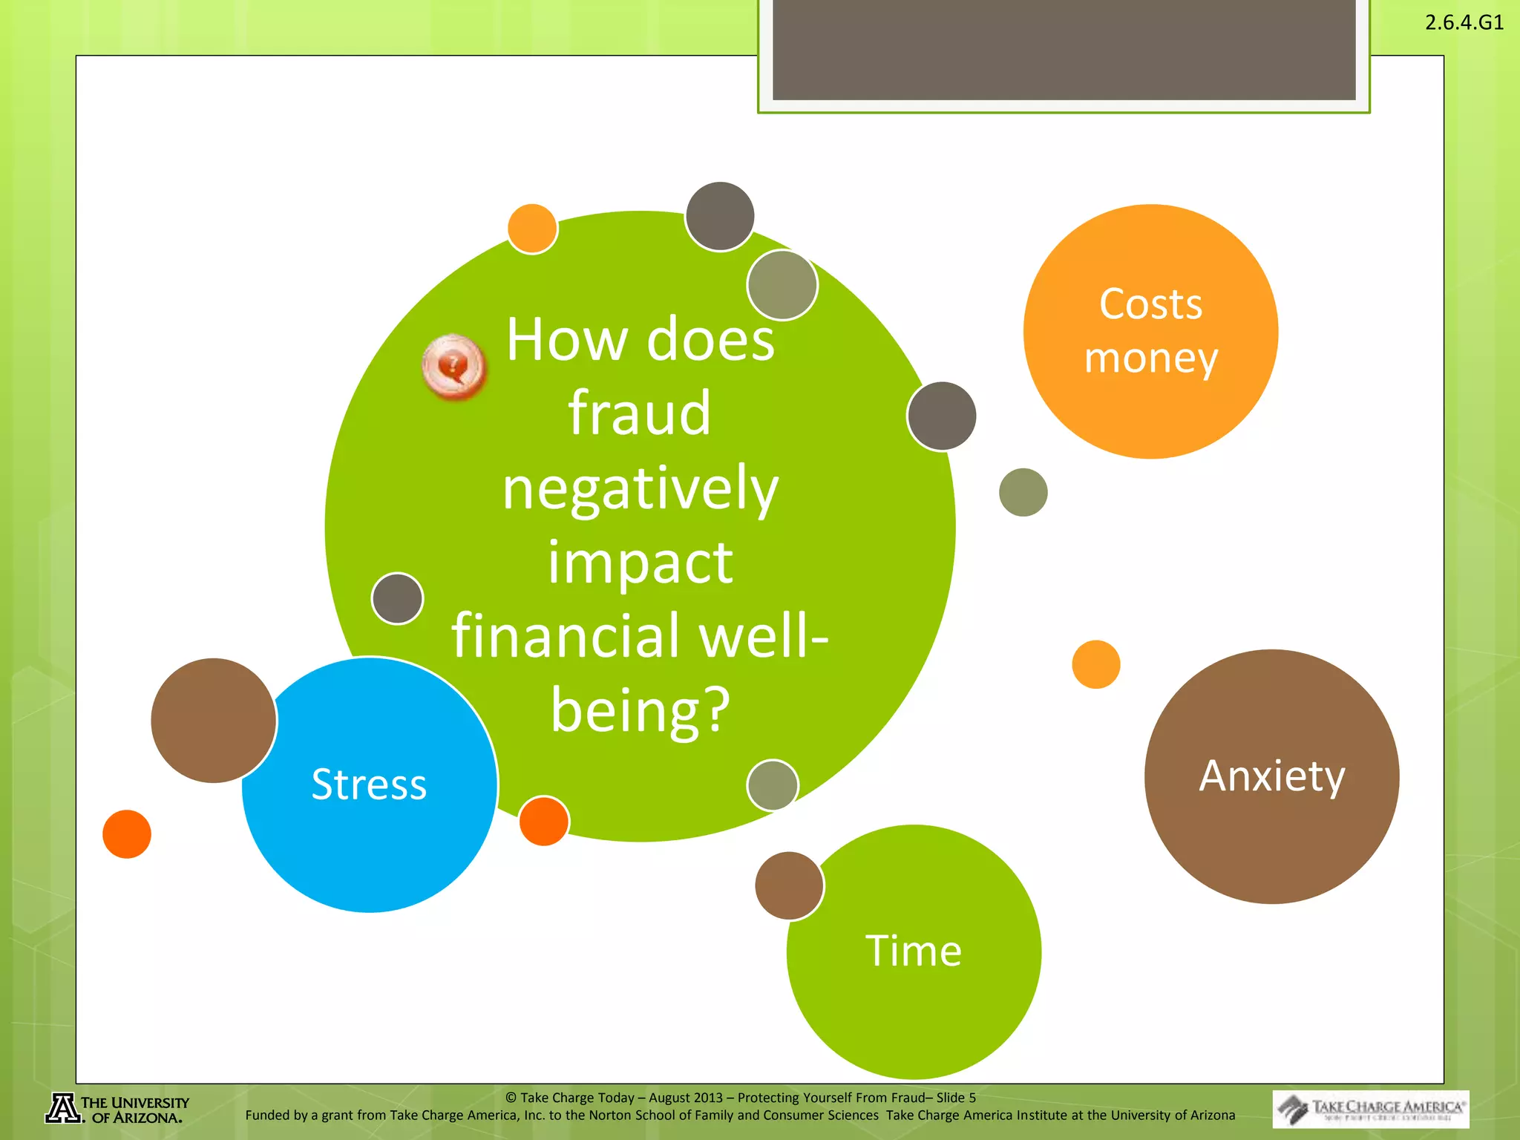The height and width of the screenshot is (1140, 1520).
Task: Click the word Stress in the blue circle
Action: pos(369,784)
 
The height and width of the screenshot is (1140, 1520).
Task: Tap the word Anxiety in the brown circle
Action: pos(1271,777)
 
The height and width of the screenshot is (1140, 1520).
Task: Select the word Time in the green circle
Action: pos(913,951)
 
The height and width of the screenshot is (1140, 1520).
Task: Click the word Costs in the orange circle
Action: pos(1150,304)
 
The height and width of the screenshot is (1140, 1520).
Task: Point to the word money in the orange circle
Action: pos(1150,359)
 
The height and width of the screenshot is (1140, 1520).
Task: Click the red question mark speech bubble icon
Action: pos(453,366)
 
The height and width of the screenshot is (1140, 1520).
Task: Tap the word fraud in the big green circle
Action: pos(639,413)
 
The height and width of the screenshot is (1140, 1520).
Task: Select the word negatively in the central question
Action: pos(640,489)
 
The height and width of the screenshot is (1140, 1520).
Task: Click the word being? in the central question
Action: pos(640,710)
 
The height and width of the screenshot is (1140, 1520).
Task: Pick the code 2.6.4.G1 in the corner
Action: pos(1464,22)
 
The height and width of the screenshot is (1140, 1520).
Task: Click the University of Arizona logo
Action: pos(117,1109)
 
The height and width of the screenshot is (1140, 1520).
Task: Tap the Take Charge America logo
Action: pos(1370,1109)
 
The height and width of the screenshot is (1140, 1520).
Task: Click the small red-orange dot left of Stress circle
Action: pos(127,834)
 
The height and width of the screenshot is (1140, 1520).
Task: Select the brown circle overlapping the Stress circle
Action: pos(213,720)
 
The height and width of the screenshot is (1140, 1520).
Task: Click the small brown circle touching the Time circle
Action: pos(789,885)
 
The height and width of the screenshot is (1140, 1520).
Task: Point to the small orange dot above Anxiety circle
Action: pos(1095,664)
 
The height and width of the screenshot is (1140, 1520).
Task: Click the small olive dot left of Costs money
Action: pos(1023,492)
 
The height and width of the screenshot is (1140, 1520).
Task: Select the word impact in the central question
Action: pos(640,563)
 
